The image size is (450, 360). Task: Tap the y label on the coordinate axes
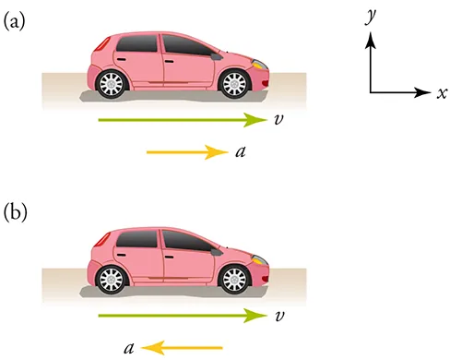click(x=371, y=16)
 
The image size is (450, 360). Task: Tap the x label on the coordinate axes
click(x=443, y=93)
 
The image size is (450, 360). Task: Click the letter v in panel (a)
click(x=278, y=119)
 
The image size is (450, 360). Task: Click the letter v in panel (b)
click(x=278, y=316)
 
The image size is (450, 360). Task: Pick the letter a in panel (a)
click(x=240, y=151)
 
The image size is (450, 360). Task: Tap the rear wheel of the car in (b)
click(x=112, y=278)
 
